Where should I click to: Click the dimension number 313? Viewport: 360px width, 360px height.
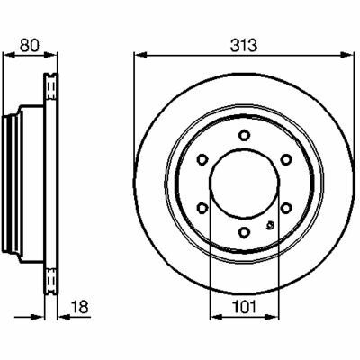tap(244, 46)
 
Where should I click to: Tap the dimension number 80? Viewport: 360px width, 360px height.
tap(30, 46)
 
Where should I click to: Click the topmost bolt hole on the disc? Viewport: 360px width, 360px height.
tap(245, 135)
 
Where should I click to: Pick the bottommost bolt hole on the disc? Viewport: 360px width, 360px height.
tap(245, 231)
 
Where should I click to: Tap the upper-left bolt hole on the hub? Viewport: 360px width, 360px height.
tap(202, 159)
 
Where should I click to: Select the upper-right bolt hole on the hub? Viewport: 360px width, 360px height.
tap(286, 159)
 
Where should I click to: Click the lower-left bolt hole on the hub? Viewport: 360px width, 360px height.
tap(202, 207)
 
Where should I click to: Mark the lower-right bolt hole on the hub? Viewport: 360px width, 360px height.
tap(286, 207)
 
